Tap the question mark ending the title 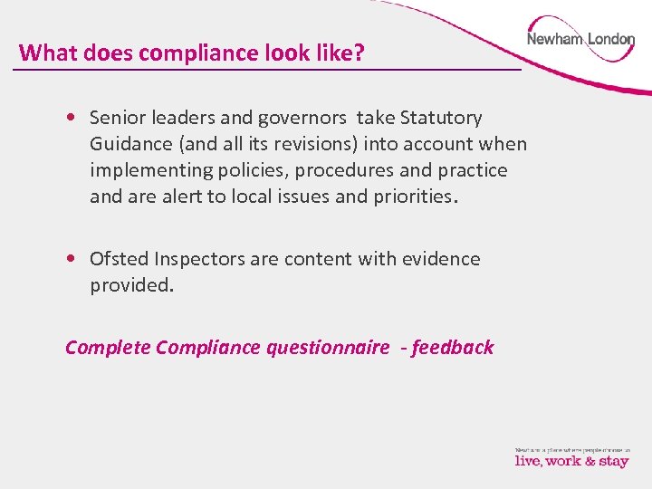click(x=360, y=53)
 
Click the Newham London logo click(x=580, y=40)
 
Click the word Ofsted click(x=119, y=259)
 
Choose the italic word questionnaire click(x=328, y=348)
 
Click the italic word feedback click(x=453, y=348)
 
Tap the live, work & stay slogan click(x=571, y=461)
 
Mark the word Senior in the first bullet click(x=119, y=118)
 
